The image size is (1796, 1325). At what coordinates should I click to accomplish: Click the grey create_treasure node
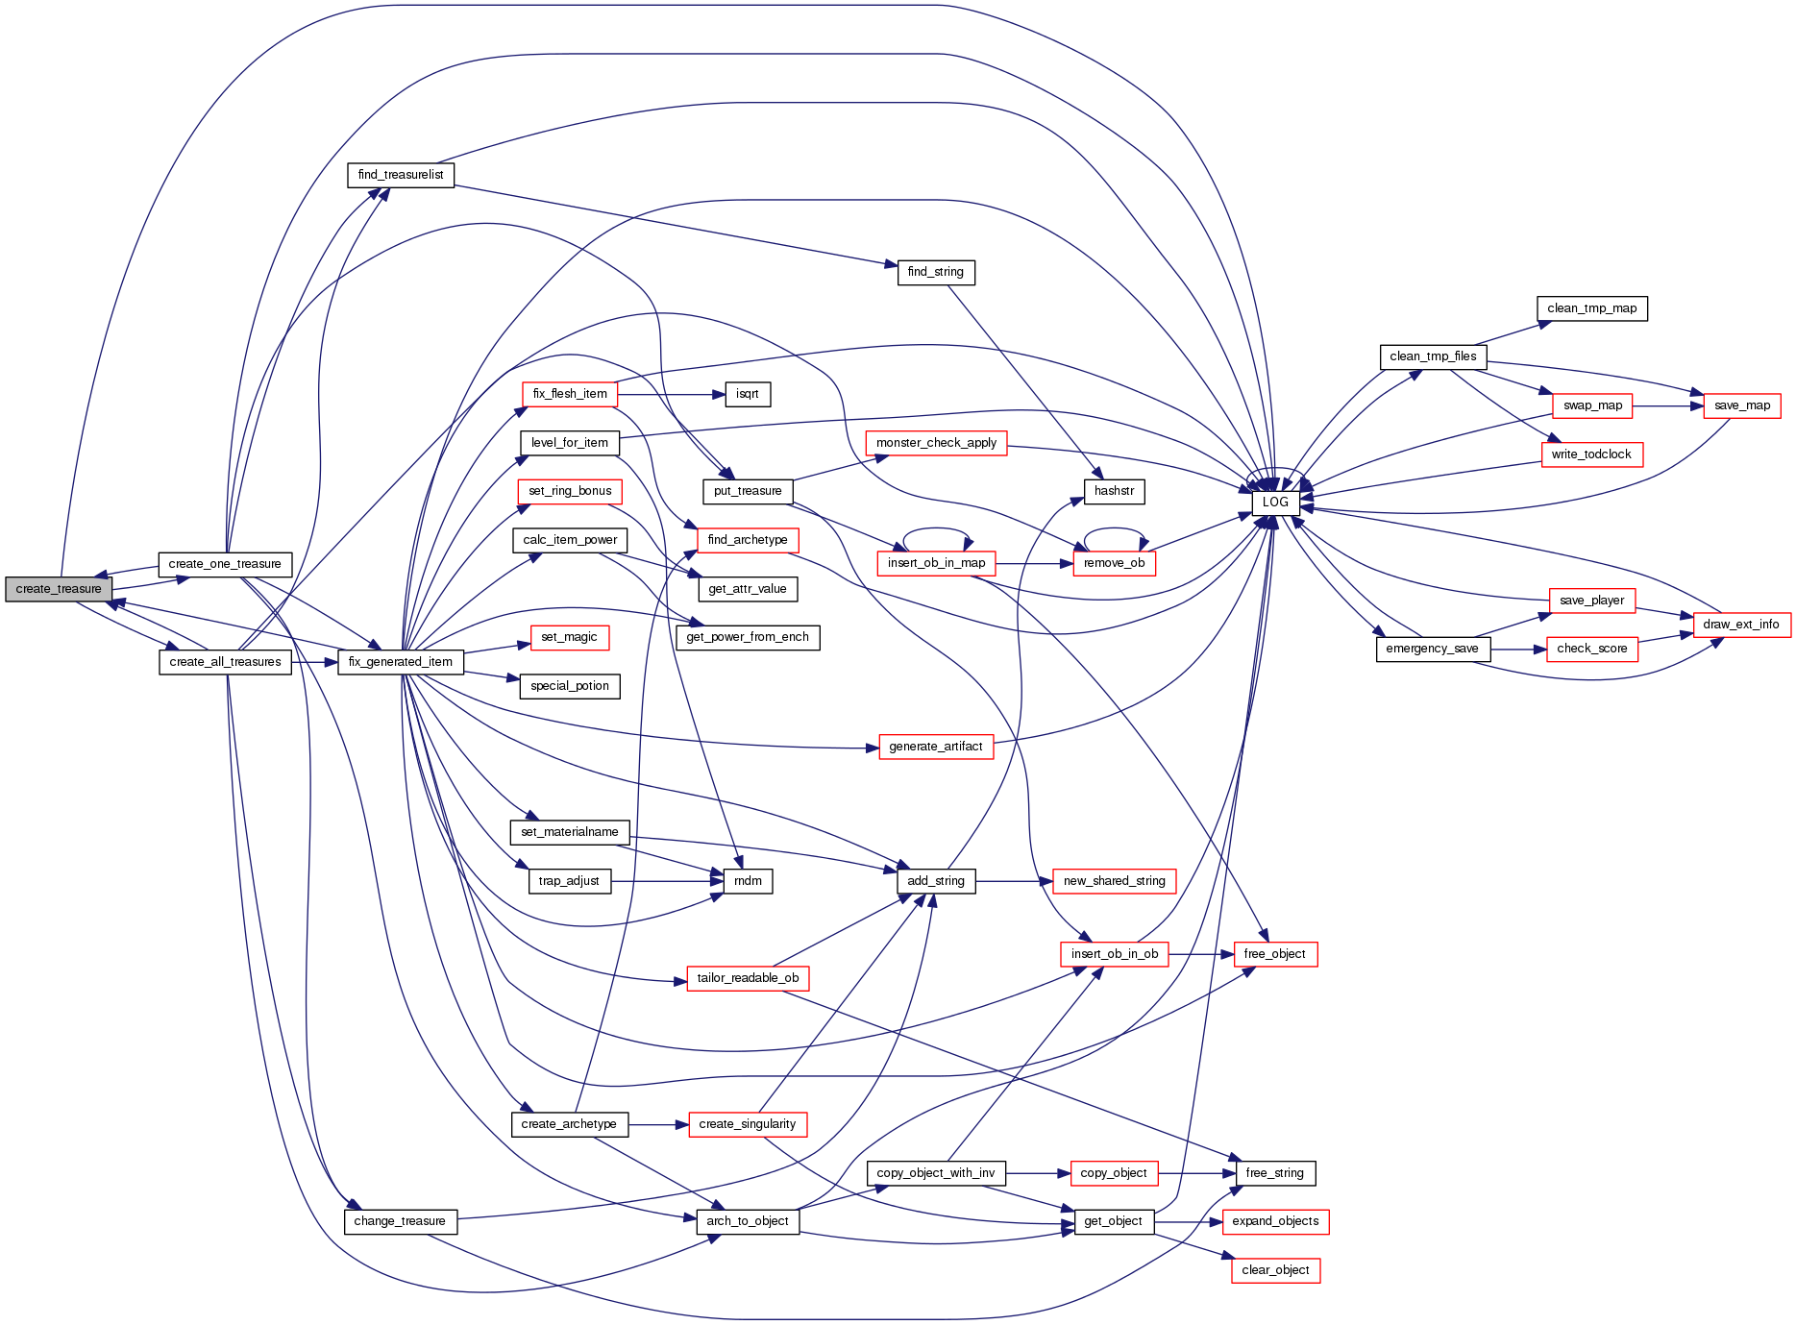point(59,589)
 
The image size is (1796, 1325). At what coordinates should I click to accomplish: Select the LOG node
point(1275,503)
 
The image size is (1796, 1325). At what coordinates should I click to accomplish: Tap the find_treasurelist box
point(401,175)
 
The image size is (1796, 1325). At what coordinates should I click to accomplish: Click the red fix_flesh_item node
point(570,394)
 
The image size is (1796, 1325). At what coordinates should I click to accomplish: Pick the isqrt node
point(748,394)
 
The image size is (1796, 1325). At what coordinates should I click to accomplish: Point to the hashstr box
point(1114,491)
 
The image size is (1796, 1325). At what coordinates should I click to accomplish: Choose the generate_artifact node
point(935,747)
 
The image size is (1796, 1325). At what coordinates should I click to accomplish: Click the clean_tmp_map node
point(1591,308)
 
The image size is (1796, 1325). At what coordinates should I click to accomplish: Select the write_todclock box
point(1591,454)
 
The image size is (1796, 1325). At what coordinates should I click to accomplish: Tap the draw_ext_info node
point(1740,625)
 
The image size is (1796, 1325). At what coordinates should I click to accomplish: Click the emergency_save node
point(1432,649)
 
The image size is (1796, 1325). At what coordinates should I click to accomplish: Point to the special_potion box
point(570,686)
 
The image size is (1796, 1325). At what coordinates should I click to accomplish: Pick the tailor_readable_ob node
point(748,978)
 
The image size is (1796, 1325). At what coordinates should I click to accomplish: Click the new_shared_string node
point(1114,881)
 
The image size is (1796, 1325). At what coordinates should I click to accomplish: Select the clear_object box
point(1275,1270)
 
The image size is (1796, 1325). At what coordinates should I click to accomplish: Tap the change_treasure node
point(400,1221)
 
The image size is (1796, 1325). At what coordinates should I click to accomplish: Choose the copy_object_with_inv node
point(936,1173)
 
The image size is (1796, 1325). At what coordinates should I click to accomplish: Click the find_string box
point(935,272)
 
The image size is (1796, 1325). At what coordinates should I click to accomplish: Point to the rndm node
point(748,881)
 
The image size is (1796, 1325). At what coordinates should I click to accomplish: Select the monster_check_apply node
point(936,443)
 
